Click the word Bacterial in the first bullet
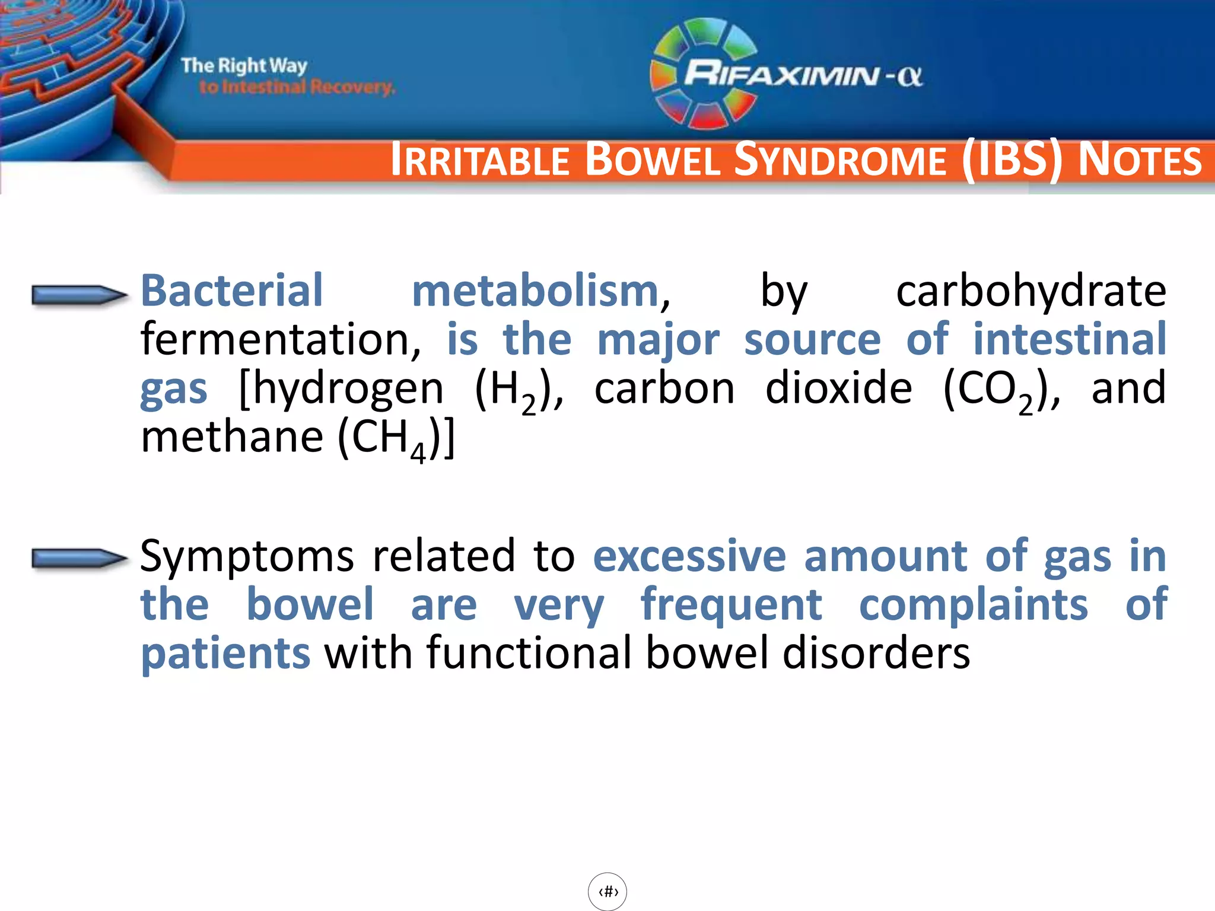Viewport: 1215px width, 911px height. pos(231,291)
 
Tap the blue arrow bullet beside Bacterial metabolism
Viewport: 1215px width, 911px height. pos(78,295)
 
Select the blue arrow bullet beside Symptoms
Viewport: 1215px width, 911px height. pos(78,558)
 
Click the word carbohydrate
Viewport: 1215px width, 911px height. pos(1030,292)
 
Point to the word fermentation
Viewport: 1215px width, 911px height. pos(279,339)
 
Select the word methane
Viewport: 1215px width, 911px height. pos(232,437)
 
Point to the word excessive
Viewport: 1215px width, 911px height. pos(689,556)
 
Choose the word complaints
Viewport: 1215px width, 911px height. pos(973,605)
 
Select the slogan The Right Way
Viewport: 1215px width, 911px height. pos(244,65)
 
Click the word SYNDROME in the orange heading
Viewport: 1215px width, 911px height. pos(839,161)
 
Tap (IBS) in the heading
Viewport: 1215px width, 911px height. pos(1012,160)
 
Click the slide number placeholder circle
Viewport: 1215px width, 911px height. pos(607,891)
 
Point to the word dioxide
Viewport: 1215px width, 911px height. pos(838,388)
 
